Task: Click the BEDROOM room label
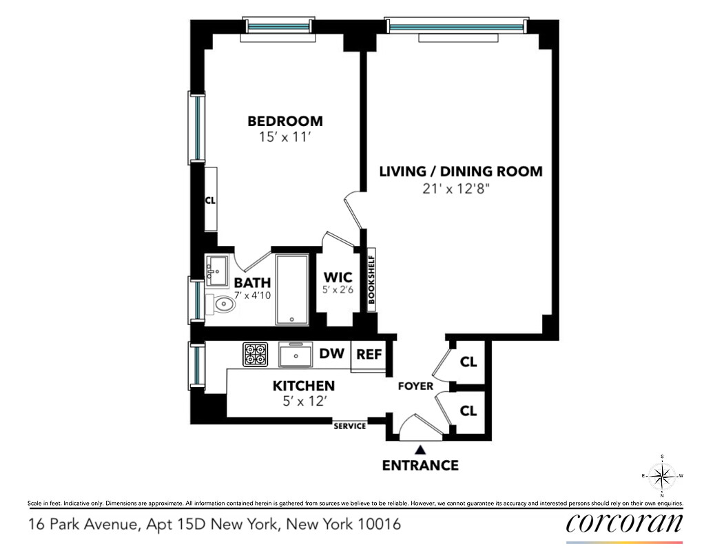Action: click(285, 121)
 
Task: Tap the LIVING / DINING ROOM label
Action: click(461, 171)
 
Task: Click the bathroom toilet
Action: click(221, 303)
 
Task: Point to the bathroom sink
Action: click(217, 269)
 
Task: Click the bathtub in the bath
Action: click(293, 289)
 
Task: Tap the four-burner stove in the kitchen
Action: click(254, 355)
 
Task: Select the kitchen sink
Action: click(297, 355)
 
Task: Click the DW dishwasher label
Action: click(331, 355)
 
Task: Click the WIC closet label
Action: click(338, 278)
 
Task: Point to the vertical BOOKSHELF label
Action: click(371, 280)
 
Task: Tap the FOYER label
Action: click(415, 386)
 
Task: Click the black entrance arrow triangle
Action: click(420, 448)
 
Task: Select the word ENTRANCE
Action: click(420, 466)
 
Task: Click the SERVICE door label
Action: click(350, 426)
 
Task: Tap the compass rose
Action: click(662, 476)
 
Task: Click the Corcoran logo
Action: click(624, 523)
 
